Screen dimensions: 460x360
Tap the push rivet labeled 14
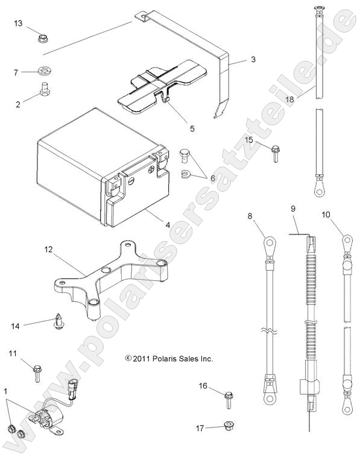point(58,320)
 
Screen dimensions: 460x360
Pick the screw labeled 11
point(37,370)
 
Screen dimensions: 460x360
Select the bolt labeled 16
point(229,398)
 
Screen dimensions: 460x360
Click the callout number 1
point(7,391)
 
